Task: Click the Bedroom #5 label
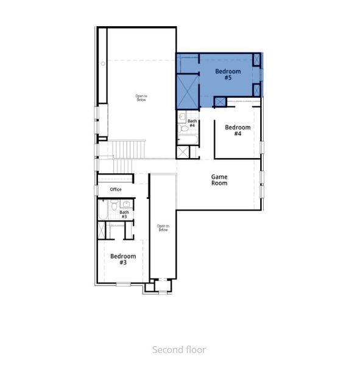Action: [x=228, y=75]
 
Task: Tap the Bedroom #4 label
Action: [x=238, y=130]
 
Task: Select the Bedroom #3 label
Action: [x=123, y=259]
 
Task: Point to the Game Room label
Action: [x=219, y=179]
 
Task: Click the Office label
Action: [x=116, y=189]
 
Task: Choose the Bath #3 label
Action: [x=124, y=214]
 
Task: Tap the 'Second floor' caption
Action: [x=179, y=349]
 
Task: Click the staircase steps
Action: [x=128, y=148]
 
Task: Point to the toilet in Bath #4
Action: [x=183, y=128]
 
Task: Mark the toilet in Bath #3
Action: [x=113, y=206]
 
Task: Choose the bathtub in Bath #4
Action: [x=187, y=139]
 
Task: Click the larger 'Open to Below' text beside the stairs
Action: [x=141, y=97]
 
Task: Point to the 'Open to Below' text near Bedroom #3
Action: [x=163, y=228]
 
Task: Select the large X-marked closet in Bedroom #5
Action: [x=188, y=91]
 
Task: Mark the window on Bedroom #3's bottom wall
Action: [x=123, y=283]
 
